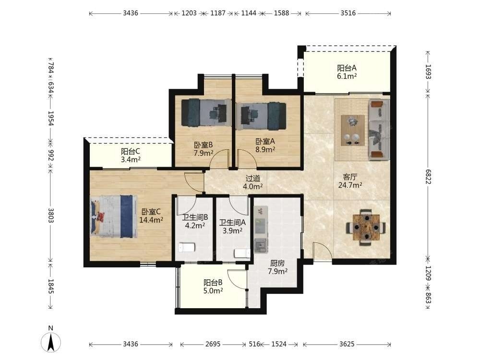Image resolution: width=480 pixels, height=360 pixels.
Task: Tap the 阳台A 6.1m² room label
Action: (347, 72)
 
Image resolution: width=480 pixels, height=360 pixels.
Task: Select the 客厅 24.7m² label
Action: (350, 181)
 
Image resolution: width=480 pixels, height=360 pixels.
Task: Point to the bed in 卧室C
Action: (113, 216)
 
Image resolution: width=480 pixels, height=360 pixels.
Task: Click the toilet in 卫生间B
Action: (186, 247)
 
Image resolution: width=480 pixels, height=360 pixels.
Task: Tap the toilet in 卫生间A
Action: (242, 253)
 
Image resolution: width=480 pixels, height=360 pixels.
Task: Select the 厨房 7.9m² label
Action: (277, 267)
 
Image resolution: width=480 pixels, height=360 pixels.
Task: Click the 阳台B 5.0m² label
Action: (213, 287)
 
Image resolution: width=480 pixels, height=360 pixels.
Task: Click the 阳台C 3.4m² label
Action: (131, 156)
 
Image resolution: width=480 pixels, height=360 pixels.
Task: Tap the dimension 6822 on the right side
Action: (428, 177)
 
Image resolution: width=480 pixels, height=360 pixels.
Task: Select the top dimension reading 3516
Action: (348, 13)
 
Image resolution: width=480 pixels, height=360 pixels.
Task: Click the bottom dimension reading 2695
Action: (213, 344)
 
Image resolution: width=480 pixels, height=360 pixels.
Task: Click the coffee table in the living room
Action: (353, 131)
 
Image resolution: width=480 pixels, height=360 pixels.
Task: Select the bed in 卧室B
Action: (206, 112)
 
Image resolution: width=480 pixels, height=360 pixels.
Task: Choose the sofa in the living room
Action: (379, 129)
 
